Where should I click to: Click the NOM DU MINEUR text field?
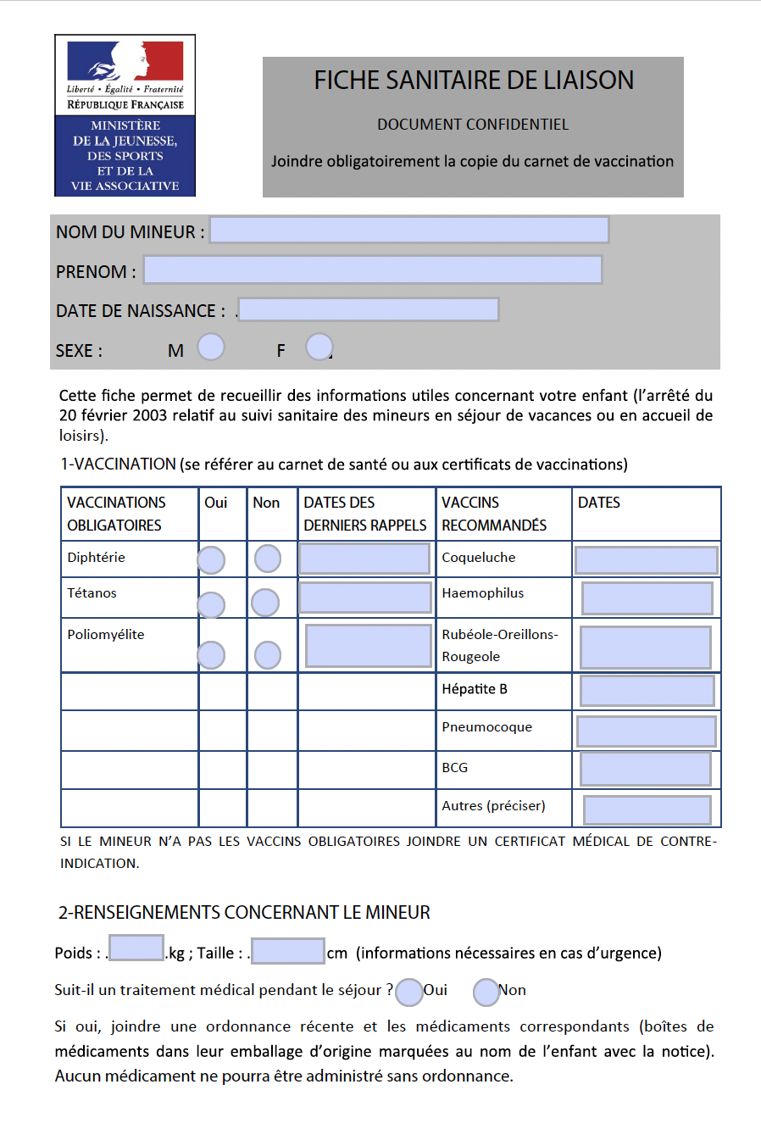coord(409,230)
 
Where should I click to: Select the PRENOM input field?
coord(373,270)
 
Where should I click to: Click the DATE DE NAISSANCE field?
coord(369,309)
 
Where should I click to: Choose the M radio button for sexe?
coord(211,347)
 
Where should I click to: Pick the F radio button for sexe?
coord(319,347)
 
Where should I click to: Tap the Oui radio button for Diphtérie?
coord(211,560)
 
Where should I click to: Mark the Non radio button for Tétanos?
coord(265,603)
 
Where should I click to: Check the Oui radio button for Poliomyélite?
coord(211,655)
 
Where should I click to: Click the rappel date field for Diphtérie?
coord(364,559)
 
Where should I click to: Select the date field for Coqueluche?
coord(646,560)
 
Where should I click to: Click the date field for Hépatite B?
coord(647,691)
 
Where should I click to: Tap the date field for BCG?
coord(646,769)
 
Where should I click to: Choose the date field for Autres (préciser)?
coord(647,810)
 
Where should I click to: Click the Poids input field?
coord(136,948)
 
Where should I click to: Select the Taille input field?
coord(288,951)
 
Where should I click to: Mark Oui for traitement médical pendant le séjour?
coord(409,992)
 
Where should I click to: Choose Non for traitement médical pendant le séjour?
coord(486,992)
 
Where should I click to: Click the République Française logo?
coord(125,115)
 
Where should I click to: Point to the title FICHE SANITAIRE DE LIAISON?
coord(474,81)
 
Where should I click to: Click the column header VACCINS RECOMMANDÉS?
coord(494,514)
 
